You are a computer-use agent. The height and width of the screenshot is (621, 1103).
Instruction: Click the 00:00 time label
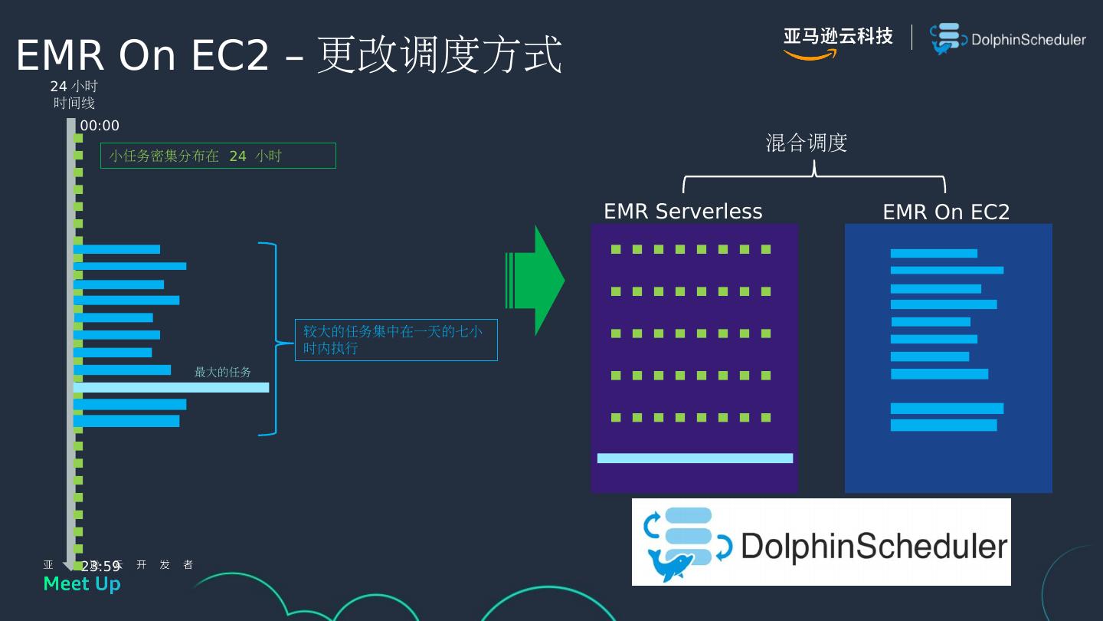tap(100, 126)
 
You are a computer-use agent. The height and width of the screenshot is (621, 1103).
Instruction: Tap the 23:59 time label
tap(100, 567)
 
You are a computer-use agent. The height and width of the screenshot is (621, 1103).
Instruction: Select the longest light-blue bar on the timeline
tap(171, 388)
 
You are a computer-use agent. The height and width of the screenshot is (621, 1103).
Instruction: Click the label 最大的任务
tap(222, 372)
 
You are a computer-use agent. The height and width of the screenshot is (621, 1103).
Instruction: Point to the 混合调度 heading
tap(806, 143)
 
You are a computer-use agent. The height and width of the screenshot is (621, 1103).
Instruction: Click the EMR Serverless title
tap(682, 211)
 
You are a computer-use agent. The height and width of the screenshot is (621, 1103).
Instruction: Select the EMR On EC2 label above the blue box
tap(946, 212)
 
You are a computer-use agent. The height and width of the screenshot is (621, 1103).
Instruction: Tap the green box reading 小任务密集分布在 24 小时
tap(218, 156)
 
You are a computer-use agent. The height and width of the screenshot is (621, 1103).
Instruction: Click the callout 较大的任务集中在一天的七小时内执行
tap(396, 340)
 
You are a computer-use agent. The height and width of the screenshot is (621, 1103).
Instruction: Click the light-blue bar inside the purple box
tap(695, 458)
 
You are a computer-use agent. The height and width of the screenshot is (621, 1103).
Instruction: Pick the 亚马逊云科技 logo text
tap(838, 37)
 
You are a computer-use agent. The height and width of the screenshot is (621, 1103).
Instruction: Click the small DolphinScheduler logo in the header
tap(1008, 39)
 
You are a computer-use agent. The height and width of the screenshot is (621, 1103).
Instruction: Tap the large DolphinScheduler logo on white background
tap(821, 542)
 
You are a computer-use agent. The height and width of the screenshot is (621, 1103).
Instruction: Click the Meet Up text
tap(82, 584)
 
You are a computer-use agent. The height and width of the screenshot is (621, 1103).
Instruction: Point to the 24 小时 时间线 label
tap(74, 94)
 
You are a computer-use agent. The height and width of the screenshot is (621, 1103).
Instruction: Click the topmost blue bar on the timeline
tap(116, 249)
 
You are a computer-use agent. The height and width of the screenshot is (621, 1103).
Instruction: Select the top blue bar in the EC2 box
tap(934, 254)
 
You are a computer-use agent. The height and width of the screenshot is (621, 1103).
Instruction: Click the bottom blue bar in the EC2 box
tap(944, 426)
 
